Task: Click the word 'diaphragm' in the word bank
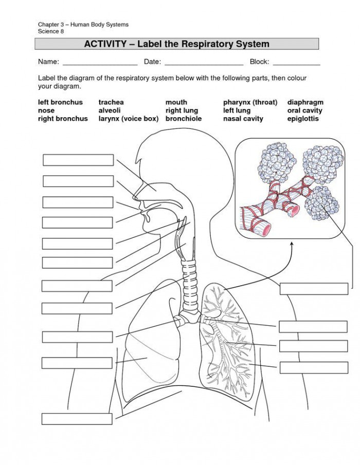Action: pyautogui.click(x=305, y=102)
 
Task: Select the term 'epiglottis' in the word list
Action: pyautogui.click(x=303, y=119)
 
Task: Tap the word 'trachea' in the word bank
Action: pyautogui.click(x=111, y=102)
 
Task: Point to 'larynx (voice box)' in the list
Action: pyautogui.click(x=129, y=119)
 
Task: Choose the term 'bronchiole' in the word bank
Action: pyautogui.click(x=183, y=119)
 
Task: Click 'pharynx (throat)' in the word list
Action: pyautogui.click(x=250, y=102)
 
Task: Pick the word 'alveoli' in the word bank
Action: pyautogui.click(x=110, y=110)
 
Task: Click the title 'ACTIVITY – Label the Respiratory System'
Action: pyautogui.click(x=176, y=44)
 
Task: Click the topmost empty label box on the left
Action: pyautogui.click(x=78, y=160)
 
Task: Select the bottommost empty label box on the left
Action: pyautogui.click(x=77, y=418)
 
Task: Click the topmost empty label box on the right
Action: pyautogui.click(x=314, y=288)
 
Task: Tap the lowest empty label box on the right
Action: pyautogui.click(x=314, y=367)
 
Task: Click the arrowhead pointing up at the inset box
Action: pyautogui.click(x=292, y=246)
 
